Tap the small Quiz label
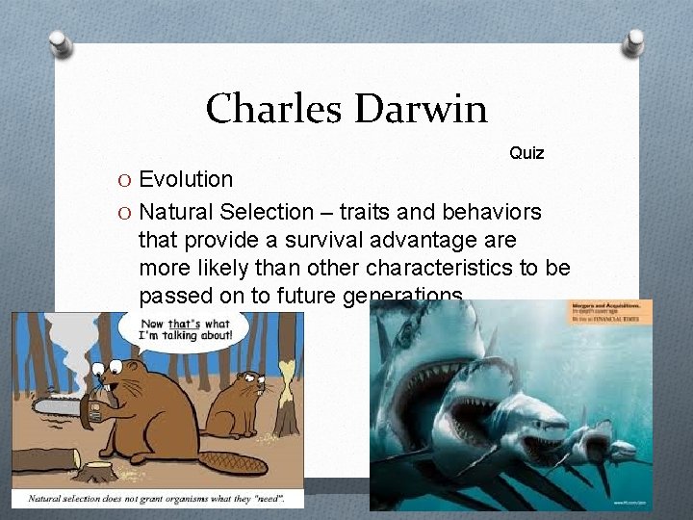[x=526, y=153]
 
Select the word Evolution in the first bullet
[x=186, y=179]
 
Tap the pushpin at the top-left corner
[x=60, y=43]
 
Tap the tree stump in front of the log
[x=97, y=473]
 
